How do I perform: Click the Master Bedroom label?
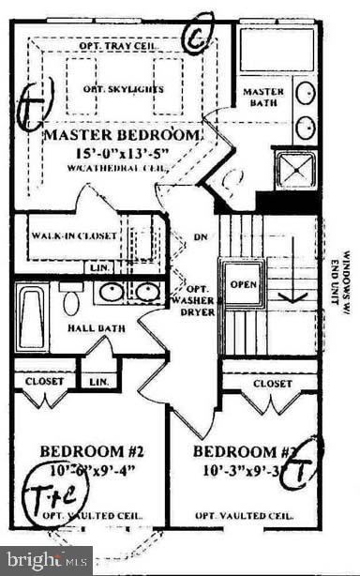[x=123, y=135]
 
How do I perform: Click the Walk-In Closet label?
[x=76, y=236]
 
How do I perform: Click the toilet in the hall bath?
[x=71, y=301]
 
